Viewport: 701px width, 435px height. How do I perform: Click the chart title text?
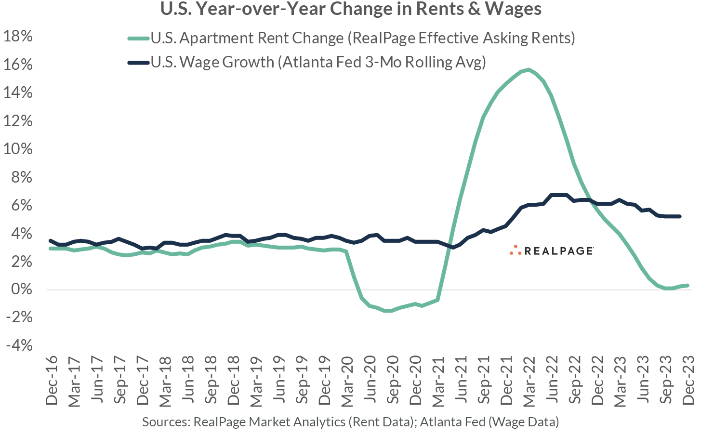pyautogui.click(x=350, y=9)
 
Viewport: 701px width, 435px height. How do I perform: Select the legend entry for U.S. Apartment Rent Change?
pyautogui.click(x=363, y=38)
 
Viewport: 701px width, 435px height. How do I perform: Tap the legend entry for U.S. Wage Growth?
pyautogui.click(x=318, y=62)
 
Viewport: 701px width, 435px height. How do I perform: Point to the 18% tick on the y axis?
pyautogui.click(x=18, y=36)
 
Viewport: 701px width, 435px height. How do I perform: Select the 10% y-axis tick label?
pyautogui.click(x=18, y=149)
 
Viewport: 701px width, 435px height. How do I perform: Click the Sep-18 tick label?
pyautogui.click(x=211, y=381)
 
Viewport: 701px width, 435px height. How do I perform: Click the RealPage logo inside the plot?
pyautogui.click(x=552, y=250)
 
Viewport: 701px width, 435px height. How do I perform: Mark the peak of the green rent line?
pyautogui.click(x=529, y=70)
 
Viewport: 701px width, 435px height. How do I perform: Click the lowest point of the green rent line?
pyautogui.click(x=388, y=311)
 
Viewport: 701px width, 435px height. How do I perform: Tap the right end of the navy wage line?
pyautogui.click(x=679, y=216)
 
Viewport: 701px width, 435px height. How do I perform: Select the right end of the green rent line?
pyautogui.click(x=687, y=285)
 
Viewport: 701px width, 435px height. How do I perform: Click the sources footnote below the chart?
pyautogui.click(x=350, y=422)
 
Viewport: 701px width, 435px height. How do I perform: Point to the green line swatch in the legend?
pyautogui.click(x=138, y=38)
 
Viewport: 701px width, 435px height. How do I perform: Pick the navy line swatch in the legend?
pyautogui.click(x=138, y=62)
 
